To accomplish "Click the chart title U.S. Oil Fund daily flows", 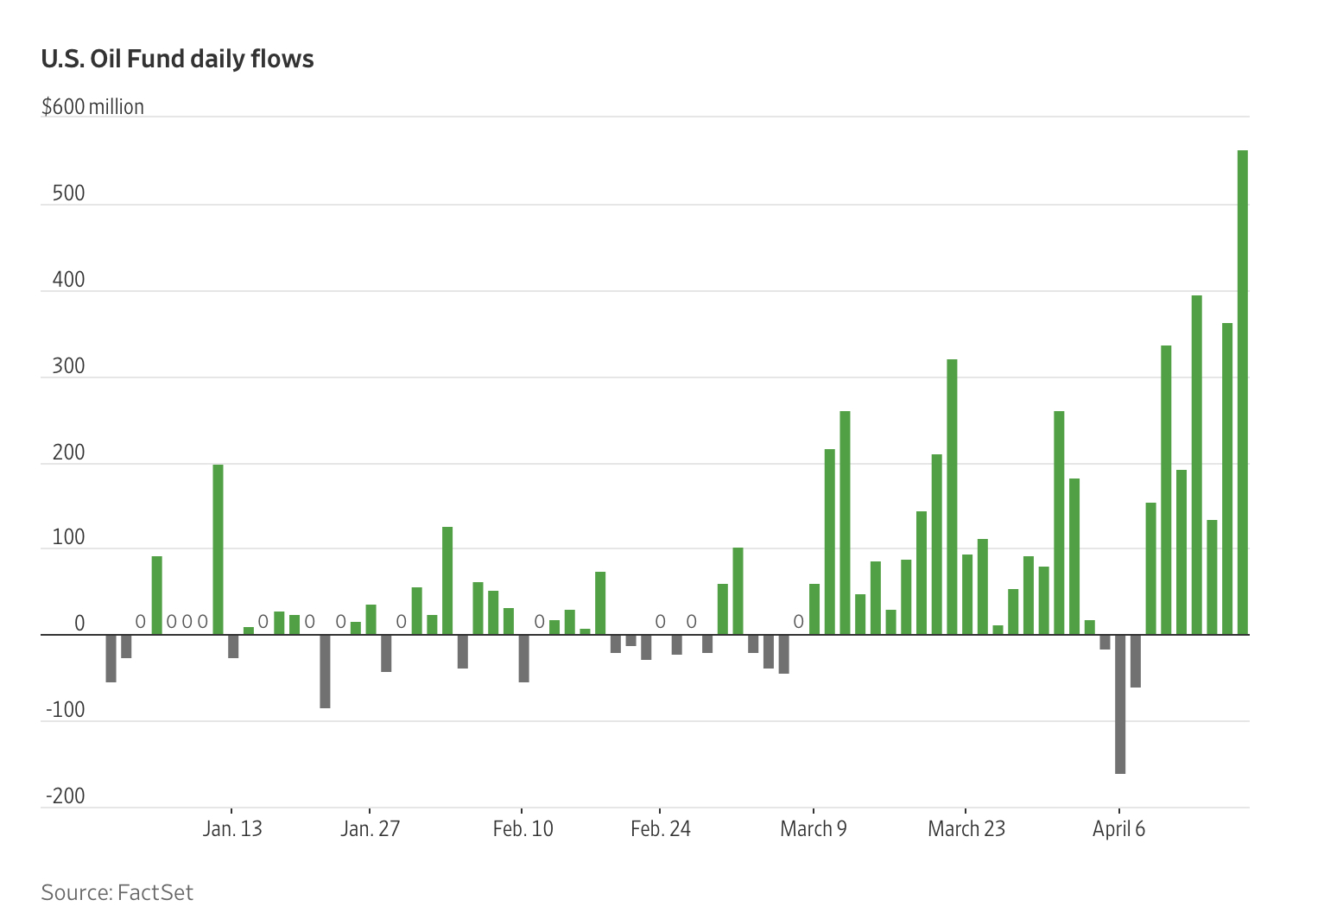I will pos(177,59).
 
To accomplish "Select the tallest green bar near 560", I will pos(1242,393).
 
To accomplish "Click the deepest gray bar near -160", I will pos(1120,704).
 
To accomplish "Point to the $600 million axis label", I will pos(92,107).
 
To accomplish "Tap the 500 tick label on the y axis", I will pos(68,193).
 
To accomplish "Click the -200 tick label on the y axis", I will pos(65,796).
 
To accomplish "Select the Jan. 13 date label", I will pos(232,829).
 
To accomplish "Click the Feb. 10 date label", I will pos(523,829).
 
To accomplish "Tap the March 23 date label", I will pos(966,829).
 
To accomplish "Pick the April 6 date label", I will pos(1118,829).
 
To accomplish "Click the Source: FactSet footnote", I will pos(117,892).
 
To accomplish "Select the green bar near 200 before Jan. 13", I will pos(218,549).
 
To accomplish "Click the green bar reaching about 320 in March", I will pos(952,497).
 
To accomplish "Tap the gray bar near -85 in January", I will pos(325,671).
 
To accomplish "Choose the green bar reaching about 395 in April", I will pos(1196,465).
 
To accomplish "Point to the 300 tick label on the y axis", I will pos(68,366).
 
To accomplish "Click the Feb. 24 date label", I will pos(661,829).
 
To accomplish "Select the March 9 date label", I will pos(814,829).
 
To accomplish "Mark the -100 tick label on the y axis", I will pos(65,710).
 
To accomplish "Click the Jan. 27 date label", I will pos(370,829).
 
